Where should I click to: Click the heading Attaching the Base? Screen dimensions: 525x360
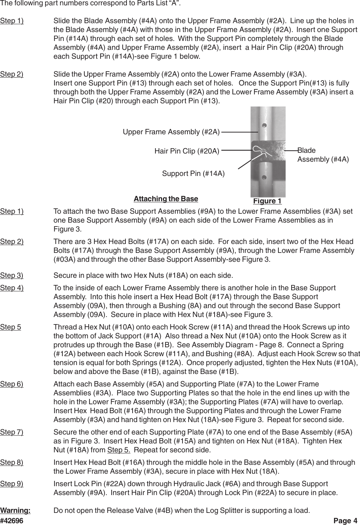[x=166, y=198]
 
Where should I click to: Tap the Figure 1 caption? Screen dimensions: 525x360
[x=267, y=201]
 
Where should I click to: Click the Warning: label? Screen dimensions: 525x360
[x=15, y=510]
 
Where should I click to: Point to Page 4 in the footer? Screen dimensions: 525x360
[x=345, y=521]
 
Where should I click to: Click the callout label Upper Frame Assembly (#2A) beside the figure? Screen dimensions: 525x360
[x=171, y=132]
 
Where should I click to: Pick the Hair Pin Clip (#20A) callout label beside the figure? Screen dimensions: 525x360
[x=187, y=151]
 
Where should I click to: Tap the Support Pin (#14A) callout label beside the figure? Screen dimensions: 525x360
[x=193, y=173]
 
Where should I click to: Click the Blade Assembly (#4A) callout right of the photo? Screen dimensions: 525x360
[x=323, y=155]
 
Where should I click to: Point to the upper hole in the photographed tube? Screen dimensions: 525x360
[x=264, y=125]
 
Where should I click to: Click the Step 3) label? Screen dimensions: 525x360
[x=12, y=275]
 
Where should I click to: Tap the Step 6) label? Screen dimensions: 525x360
[x=12, y=384]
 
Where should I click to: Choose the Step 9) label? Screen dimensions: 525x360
[x=12, y=484]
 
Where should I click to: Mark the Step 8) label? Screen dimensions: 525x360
[x=12, y=462]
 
